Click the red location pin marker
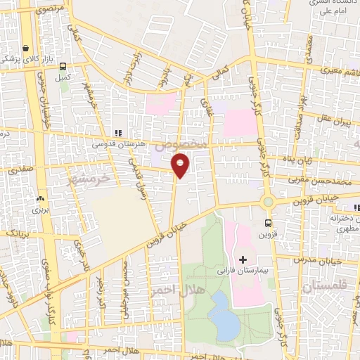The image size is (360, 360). pos(181,166)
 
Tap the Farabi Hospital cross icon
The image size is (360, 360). pos(243,259)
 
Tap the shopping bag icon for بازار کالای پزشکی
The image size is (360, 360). pos(26,49)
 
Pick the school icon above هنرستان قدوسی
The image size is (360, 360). pos(118,132)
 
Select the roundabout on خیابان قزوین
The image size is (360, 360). pos(268,202)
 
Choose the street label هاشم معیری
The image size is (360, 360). pos(319,70)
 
